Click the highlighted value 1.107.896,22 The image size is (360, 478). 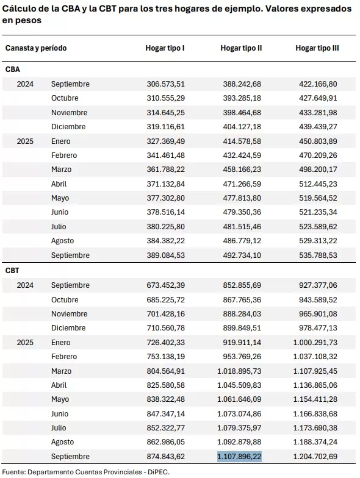pyautogui.click(x=239, y=456)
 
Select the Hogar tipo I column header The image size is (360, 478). pyautogui.click(x=165, y=48)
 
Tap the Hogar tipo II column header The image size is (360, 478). pyautogui.click(x=241, y=48)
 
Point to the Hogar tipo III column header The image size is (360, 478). pyautogui.click(x=317, y=48)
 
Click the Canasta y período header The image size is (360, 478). pyautogui.click(x=36, y=48)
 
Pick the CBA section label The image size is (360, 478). pyautogui.click(x=12, y=70)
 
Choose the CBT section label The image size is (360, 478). pyautogui.click(x=12, y=271)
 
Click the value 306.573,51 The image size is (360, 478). pyautogui.click(x=166, y=84)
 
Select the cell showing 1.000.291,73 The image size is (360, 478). pyautogui.click(x=315, y=343)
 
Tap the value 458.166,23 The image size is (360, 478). pyautogui.click(x=242, y=169)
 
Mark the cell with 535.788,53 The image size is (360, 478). pyautogui.click(x=318, y=255)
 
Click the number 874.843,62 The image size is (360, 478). pyautogui.click(x=166, y=456)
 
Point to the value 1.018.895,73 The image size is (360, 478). pyautogui.click(x=239, y=371)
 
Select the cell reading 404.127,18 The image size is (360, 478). pyautogui.click(x=242, y=127)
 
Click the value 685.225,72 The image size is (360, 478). pyautogui.click(x=166, y=300)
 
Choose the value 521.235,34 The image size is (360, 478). pyautogui.click(x=318, y=212)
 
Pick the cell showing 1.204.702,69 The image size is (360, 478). pyautogui.click(x=315, y=456)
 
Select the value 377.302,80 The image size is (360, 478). pyautogui.click(x=166, y=198)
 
